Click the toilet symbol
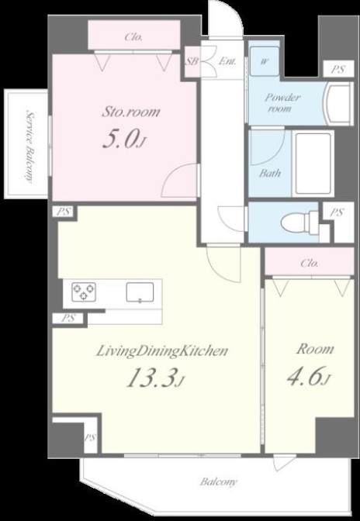click(300, 221)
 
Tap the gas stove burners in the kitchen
click(84, 292)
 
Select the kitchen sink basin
click(140, 292)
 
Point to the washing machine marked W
click(265, 61)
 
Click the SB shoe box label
click(192, 61)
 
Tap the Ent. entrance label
click(227, 61)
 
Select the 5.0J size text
click(123, 139)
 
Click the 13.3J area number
click(155, 378)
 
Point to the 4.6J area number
click(310, 377)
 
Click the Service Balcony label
click(30, 147)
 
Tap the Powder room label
click(282, 102)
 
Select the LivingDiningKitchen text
click(162, 351)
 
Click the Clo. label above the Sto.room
click(133, 37)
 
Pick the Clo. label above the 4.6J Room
click(310, 263)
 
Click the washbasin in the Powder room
click(339, 104)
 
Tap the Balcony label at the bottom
click(218, 481)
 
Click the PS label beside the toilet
click(337, 212)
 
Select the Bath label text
click(269, 173)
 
